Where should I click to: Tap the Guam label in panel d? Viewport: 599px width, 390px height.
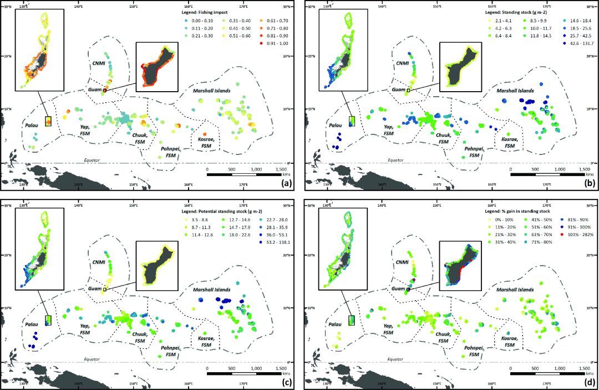click(395, 289)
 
